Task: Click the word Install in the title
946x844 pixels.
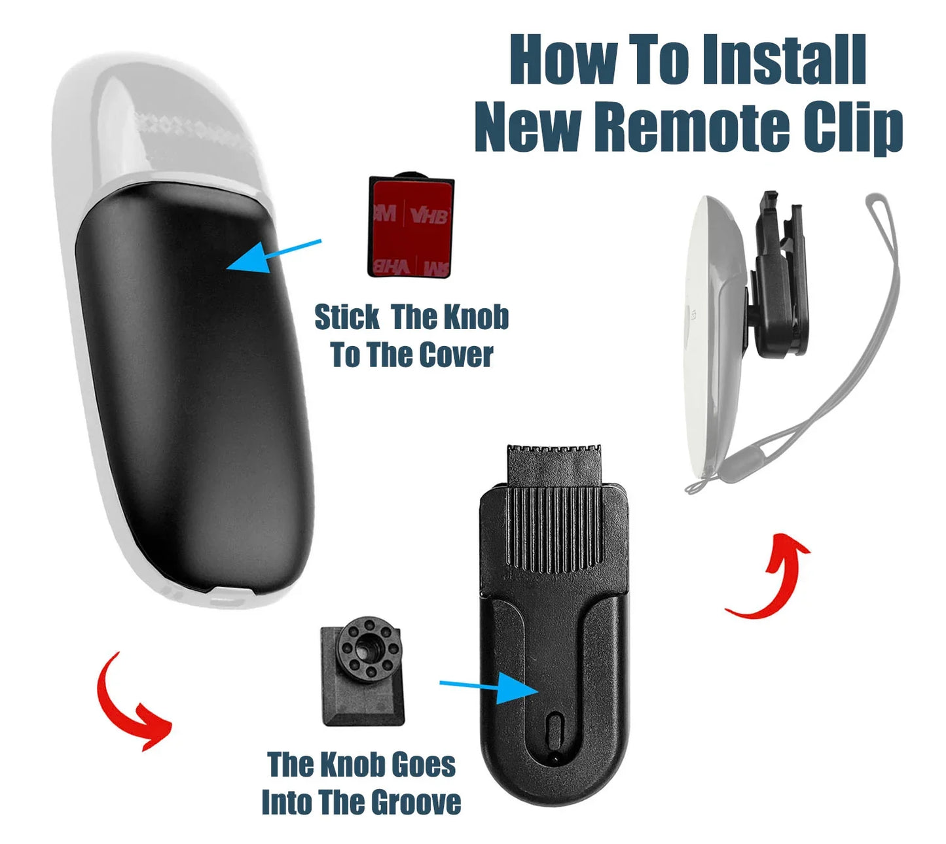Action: [x=788, y=60]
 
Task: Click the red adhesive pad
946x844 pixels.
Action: [x=410, y=228]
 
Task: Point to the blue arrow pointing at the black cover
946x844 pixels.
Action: [x=272, y=255]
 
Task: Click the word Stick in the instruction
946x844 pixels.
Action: [x=346, y=317]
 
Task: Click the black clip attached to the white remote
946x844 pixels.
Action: [x=779, y=275]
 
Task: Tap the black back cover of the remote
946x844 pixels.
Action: [x=196, y=393]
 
